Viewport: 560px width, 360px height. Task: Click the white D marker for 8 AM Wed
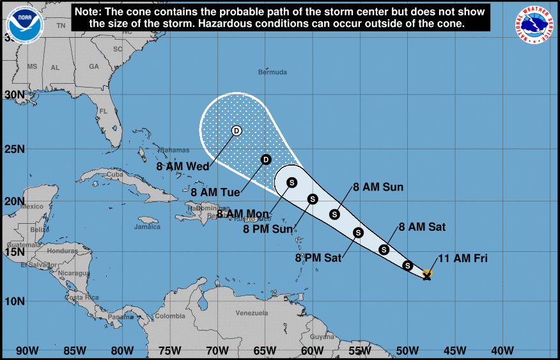[x=236, y=130]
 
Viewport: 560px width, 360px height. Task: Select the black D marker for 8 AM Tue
[x=266, y=159]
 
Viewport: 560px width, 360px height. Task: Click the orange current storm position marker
[x=427, y=274]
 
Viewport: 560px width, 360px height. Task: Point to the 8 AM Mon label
[x=244, y=214]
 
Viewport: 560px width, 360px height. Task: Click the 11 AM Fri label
[x=462, y=258]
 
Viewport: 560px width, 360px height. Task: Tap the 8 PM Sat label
[x=318, y=258]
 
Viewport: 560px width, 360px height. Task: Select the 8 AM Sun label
[x=378, y=187]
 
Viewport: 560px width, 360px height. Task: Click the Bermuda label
[x=272, y=72]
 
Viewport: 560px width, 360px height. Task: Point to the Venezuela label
[x=251, y=313]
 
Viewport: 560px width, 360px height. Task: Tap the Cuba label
[x=114, y=174]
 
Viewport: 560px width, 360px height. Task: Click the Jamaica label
[x=147, y=226]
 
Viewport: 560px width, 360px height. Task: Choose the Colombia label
[x=170, y=317]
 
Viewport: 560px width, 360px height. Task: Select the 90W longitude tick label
[x=27, y=350]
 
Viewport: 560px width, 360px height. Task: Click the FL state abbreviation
[x=102, y=111]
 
